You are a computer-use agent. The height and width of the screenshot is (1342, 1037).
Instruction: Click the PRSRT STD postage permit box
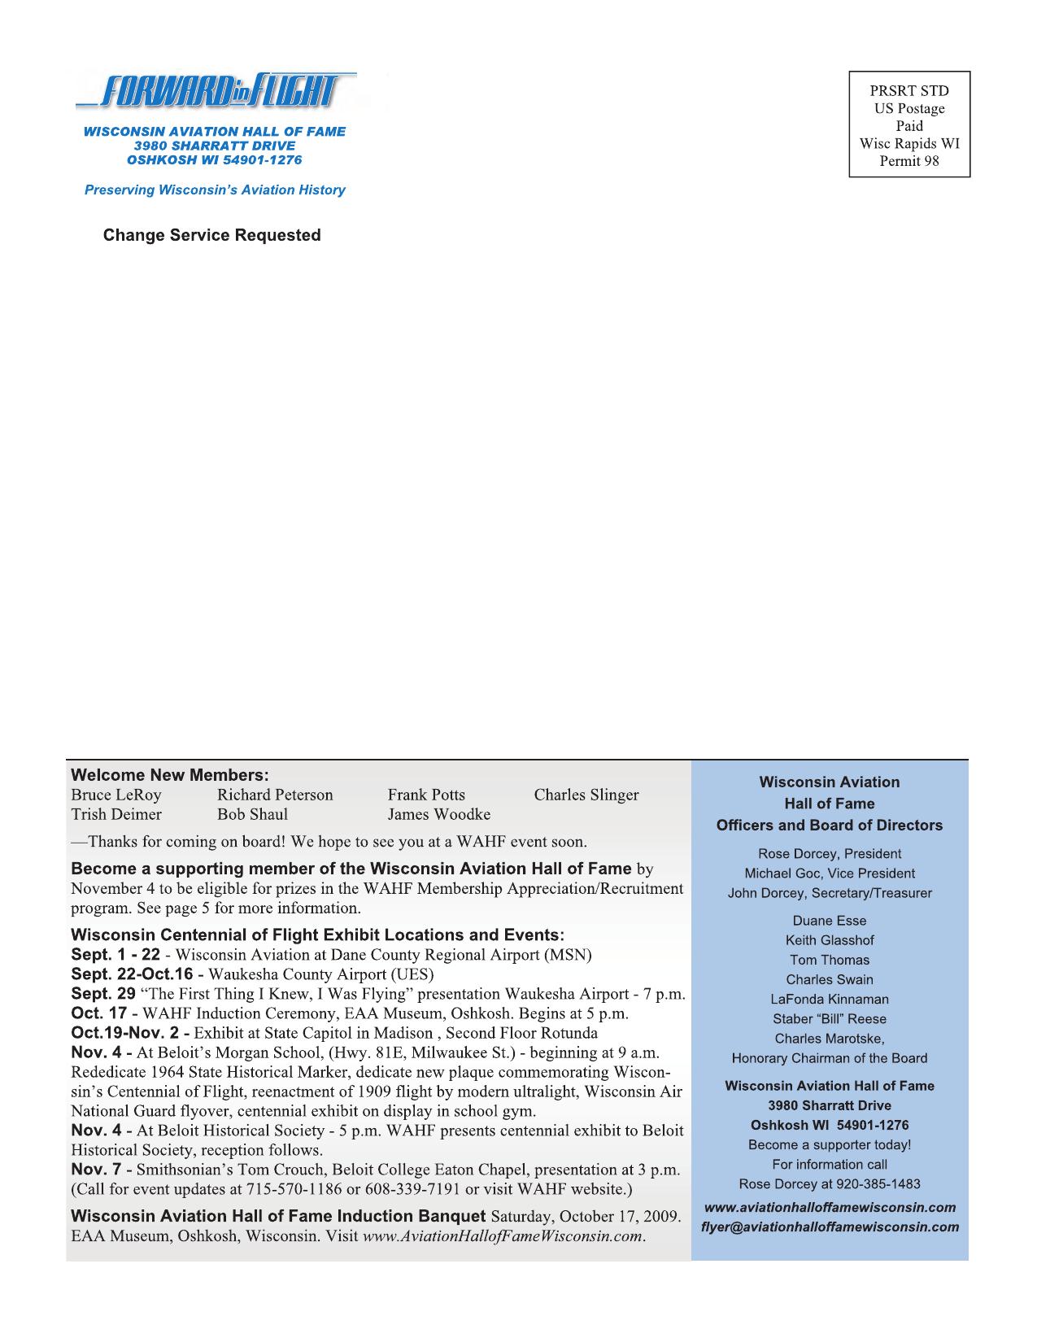point(909,124)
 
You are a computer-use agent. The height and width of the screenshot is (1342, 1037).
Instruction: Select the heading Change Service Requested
point(211,235)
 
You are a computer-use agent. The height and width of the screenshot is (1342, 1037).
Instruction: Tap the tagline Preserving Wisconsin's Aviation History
point(215,190)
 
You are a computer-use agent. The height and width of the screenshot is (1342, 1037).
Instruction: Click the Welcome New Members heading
point(169,775)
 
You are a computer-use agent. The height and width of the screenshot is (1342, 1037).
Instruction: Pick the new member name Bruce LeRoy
point(116,795)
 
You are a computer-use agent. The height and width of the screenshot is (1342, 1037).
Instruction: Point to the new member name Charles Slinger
point(586,795)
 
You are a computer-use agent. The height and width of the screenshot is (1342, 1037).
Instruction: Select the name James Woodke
point(438,814)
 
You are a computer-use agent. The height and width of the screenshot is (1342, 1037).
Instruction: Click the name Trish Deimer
point(116,814)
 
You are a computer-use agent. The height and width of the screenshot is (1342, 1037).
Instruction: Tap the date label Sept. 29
point(103,994)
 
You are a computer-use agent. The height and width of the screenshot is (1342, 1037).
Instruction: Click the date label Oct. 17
point(99,1013)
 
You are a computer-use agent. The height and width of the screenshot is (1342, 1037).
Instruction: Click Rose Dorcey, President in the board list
point(829,854)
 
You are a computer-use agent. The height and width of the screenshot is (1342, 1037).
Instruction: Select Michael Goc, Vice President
point(829,874)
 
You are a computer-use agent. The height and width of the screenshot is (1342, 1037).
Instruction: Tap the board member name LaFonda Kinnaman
point(829,1000)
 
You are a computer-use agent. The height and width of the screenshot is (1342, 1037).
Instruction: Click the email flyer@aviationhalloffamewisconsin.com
point(829,1227)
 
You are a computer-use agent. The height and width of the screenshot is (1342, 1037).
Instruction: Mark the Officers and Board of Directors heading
point(829,826)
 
